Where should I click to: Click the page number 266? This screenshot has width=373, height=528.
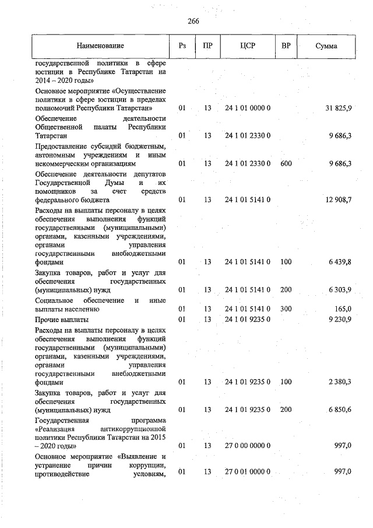[x=193, y=21]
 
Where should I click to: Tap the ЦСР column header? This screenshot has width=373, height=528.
[x=247, y=46]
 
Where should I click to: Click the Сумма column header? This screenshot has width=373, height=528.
[x=326, y=46]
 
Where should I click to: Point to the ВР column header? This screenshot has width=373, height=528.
[x=286, y=46]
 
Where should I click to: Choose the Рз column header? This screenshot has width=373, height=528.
[x=182, y=46]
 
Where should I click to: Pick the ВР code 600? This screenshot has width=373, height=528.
[x=286, y=163]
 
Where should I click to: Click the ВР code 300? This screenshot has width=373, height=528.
[x=286, y=309]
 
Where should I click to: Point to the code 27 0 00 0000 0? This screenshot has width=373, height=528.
[x=247, y=446]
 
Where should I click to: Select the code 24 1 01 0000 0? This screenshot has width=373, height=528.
[x=247, y=108]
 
